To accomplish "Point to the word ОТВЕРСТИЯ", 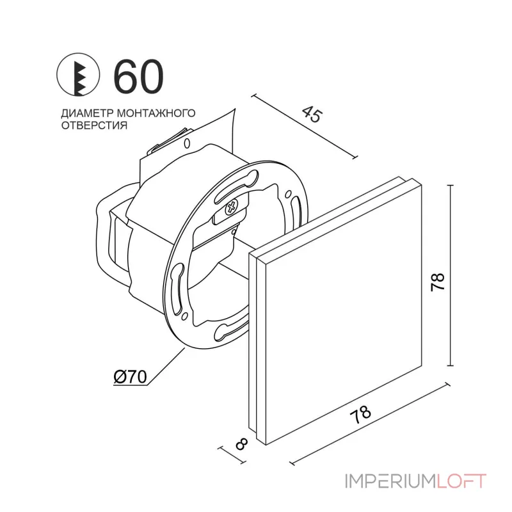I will [x=92, y=125].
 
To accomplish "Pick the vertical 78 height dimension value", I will [x=437, y=279].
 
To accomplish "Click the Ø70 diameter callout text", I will [x=131, y=378].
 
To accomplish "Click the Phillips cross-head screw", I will [x=231, y=207].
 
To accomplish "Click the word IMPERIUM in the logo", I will [x=389, y=481].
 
